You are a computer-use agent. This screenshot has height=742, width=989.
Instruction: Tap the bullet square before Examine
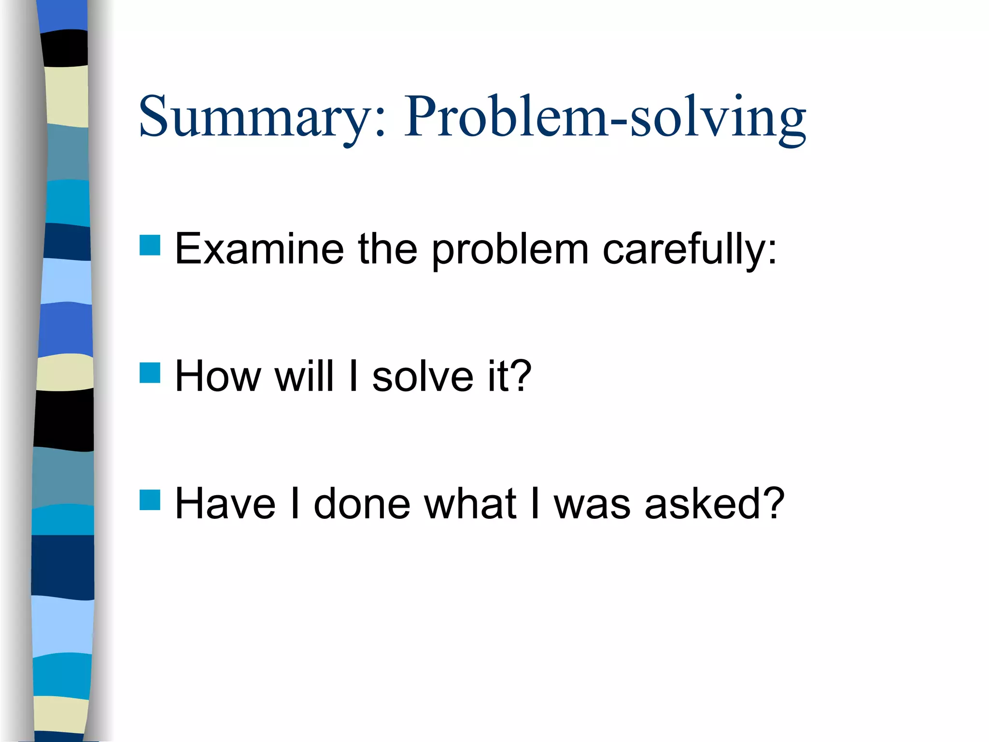pos(150,245)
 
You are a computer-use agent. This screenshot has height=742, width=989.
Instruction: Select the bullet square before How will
pos(150,373)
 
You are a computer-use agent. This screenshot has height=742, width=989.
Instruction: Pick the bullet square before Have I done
pos(150,500)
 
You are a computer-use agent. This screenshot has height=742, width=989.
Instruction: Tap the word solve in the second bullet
pos(423,377)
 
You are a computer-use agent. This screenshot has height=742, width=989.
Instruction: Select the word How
pos(218,377)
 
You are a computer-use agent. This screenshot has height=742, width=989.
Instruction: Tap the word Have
pos(225,504)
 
